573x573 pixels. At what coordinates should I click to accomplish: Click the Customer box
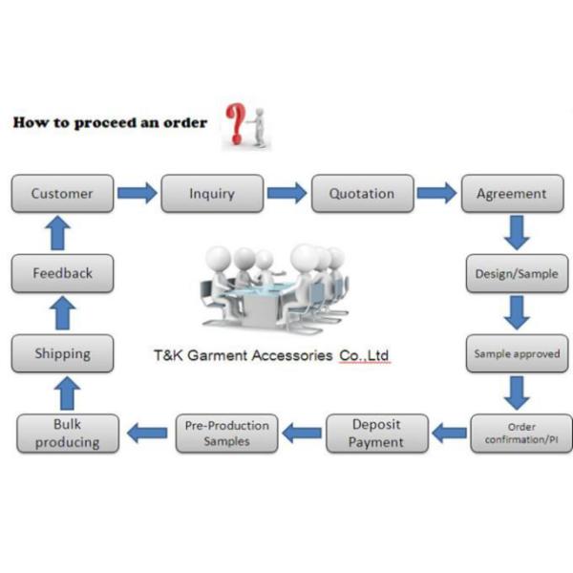click(x=62, y=193)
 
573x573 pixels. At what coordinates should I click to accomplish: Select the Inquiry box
click(x=212, y=193)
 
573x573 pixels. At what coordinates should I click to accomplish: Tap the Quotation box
click(x=362, y=193)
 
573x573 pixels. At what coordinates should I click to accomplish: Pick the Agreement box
click(x=512, y=193)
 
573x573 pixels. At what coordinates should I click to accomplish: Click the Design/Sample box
click(x=518, y=273)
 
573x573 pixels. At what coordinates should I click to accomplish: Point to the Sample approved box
click(x=518, y=353)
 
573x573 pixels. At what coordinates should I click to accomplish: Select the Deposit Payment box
click(x=376, y=433)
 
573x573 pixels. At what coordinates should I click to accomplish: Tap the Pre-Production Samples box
click(x=226, y=433)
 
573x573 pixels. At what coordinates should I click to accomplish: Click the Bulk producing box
click(x=68, y=433)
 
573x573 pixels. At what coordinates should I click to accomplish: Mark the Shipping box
click(x=63, y=353)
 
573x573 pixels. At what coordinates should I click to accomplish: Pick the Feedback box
click(x=63, y=273)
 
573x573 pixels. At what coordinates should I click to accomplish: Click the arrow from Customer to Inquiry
click(x=137, y=193)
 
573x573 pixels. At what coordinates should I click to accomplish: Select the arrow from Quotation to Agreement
click(x=437, y=193)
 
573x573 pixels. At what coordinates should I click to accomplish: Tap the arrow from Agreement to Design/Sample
click(x=518, y=232)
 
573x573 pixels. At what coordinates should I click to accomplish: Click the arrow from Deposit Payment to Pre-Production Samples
click(x=301, y=433)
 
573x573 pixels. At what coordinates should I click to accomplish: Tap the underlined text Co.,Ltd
click(x=364, y=355)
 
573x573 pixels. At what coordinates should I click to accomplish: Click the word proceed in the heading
click(x=99, y=123)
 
